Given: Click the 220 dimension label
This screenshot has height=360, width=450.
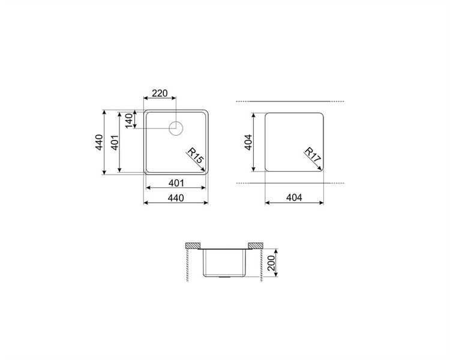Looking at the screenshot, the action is pos(160,94).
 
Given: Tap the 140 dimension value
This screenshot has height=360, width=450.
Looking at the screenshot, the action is pos(129,121).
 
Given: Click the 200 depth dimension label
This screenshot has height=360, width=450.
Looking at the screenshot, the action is pos(271,263).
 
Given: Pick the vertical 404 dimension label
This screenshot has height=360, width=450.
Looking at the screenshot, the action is pos(248,142).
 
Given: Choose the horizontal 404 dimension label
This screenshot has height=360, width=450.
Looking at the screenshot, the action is pos(294,197).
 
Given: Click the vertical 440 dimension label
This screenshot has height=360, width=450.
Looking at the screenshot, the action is pos(99,142).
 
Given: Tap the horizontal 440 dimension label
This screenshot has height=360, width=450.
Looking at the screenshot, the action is pos(176,198).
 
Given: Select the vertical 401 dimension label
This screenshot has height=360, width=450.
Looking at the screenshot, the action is pos(115,142).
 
